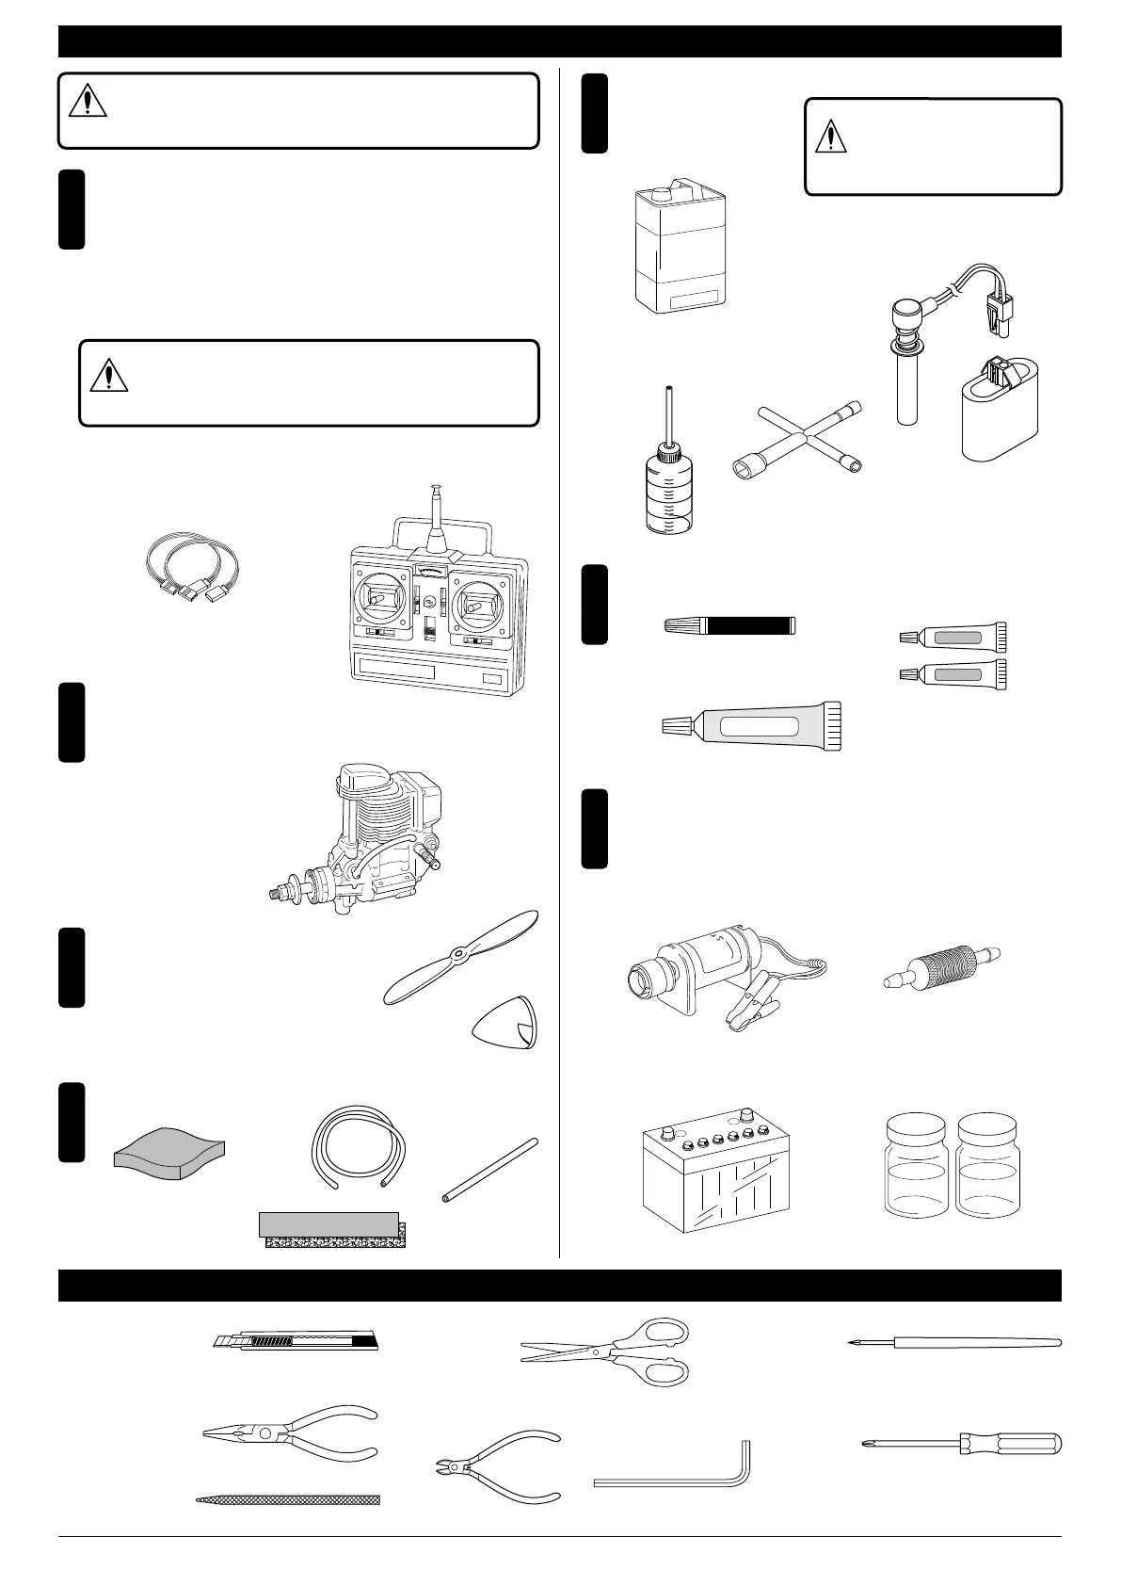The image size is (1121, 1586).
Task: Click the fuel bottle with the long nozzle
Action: click(x=667, y=481)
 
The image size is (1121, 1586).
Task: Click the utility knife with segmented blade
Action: click(x=295, y=1341)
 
